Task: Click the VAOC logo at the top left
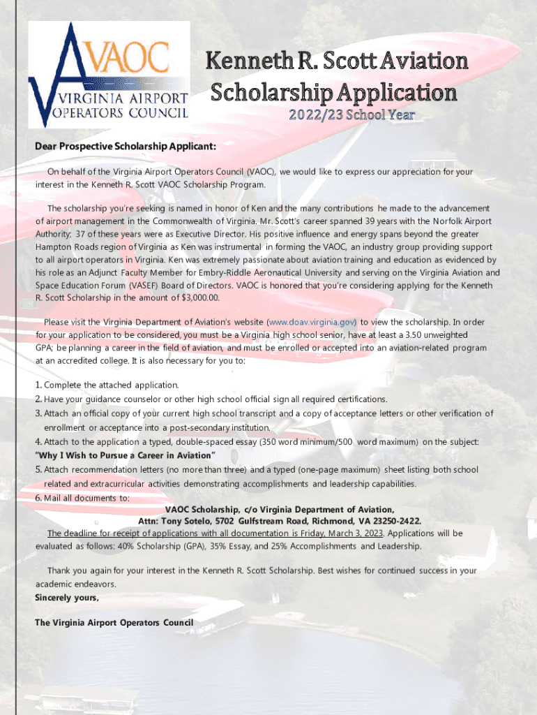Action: (x=109, y=73)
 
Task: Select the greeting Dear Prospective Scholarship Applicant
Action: (x=126, y=147)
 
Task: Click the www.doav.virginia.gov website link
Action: (x=312, y=322)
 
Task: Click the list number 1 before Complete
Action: (x=38, y=385)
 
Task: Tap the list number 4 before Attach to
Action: (x=38, y=442)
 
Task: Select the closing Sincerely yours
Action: (x=67, y=598)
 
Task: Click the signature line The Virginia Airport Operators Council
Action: (x=114, y=622)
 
